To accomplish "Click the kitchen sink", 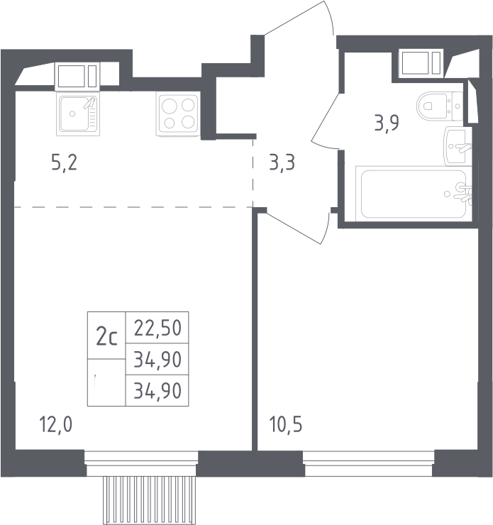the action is tap(78, 114).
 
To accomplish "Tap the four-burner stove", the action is tap(178, 114).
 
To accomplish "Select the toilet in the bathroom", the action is tap(440, 106).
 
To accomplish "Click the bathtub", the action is tap(414, 194).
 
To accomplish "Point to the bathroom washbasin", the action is tap(458, 146).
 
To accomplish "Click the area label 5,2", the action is tap(65, 162).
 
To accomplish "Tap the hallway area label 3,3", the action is tap(282, 162).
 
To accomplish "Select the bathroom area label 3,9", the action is tap(387, 123).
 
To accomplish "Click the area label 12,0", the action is tap(55, 424).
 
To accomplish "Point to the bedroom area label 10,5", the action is tap(285, 424).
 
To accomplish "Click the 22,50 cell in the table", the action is tap(157, 328).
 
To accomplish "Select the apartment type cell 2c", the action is tap(106, 336).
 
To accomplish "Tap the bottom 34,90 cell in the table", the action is tap(157, 390).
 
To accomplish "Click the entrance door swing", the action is tap(299, 18).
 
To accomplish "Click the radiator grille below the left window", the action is tap(149, 500).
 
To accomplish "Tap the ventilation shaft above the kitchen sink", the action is tap(77, 77).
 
